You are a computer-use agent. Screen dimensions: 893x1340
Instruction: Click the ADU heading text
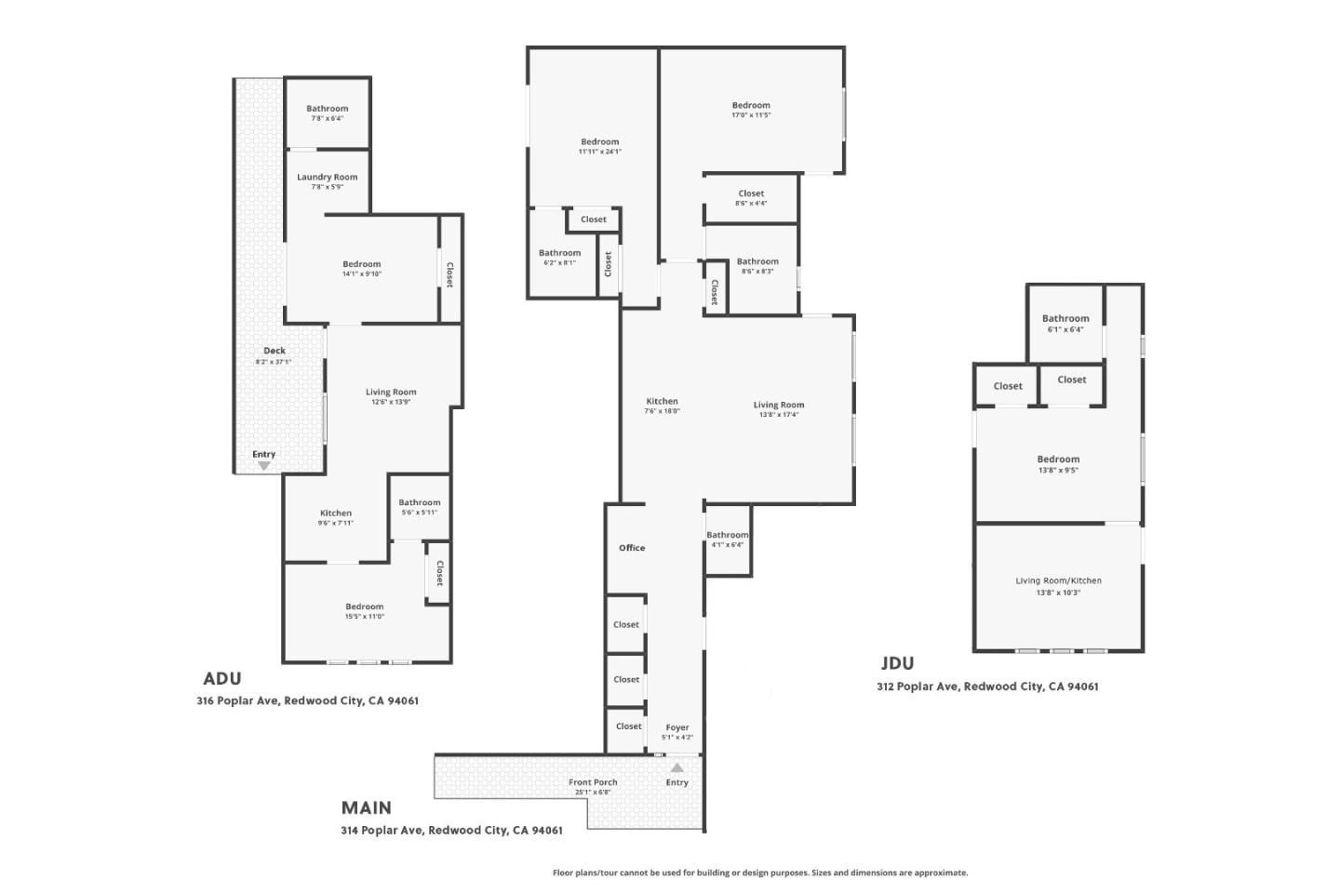pyautogui.click(x=222, y=679)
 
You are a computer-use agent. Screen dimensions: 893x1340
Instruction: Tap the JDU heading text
pyautogui.click(x=897, y=663)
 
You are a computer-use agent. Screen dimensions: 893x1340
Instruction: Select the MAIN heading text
pyautogui.click(x=366, y=807)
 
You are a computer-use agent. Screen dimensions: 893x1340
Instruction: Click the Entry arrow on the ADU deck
pyautogui.click(x=264, y=465)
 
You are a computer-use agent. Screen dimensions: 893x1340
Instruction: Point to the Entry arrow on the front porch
pyautogui.click(x=677, y=768)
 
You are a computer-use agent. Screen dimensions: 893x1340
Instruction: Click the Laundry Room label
pyautogui.click(x=327, y=177)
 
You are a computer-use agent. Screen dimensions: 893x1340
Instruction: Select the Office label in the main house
pyautogui.click(x=632, y=548)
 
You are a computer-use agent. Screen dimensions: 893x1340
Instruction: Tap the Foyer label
pyautogui.click(x=677, y=727)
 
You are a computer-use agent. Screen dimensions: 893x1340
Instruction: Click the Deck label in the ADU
pyautogui.click(x=274, y=351)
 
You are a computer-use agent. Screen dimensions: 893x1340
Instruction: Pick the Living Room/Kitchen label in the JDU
pyautogui.click(x=1058, y=580)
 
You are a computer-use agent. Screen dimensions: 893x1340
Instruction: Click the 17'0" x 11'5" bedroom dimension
pyautogui.click(x=751, y=115)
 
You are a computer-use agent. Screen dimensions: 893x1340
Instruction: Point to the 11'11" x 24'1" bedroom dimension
pyautogui.click(x=599, y=152)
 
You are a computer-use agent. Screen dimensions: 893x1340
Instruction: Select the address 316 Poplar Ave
pyautogui.click(x=307, y=700)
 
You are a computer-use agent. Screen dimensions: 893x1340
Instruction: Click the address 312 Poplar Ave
pyautogui.click(x=987, y=686)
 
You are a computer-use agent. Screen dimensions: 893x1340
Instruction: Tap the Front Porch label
pyautogui.click(x=593, y=782)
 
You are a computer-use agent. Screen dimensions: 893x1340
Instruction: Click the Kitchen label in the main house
pyautogui.click(x=662, y=401)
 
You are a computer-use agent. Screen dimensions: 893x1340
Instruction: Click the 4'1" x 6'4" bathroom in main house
pyautogui.click(x=727, y=540)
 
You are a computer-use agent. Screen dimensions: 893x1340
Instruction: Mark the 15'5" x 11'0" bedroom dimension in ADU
pyautogui.click(x=364, y=616)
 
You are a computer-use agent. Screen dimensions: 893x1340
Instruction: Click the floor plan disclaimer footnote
pyautogui.click(x=760, y=873)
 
